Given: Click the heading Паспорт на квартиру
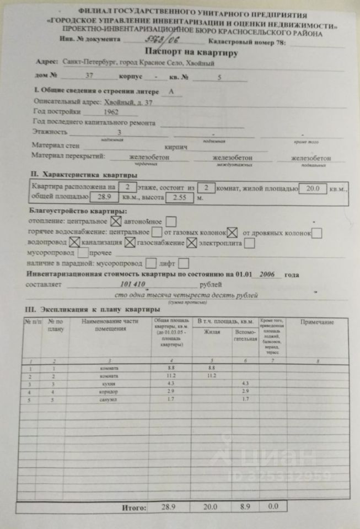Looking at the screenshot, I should pos(191,53).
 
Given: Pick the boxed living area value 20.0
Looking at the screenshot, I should pos(313,188).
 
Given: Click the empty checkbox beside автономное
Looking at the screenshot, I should pos(171,222).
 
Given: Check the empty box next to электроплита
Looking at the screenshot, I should pos(249,242).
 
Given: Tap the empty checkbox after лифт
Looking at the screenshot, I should pos(184,264).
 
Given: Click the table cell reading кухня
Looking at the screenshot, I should pos(113,384).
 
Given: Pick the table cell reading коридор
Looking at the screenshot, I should pos(112,391).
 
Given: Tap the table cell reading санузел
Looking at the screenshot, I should pos(112,399).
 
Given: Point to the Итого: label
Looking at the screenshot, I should pos(134,506).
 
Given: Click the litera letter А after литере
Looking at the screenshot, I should pos(173,91).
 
